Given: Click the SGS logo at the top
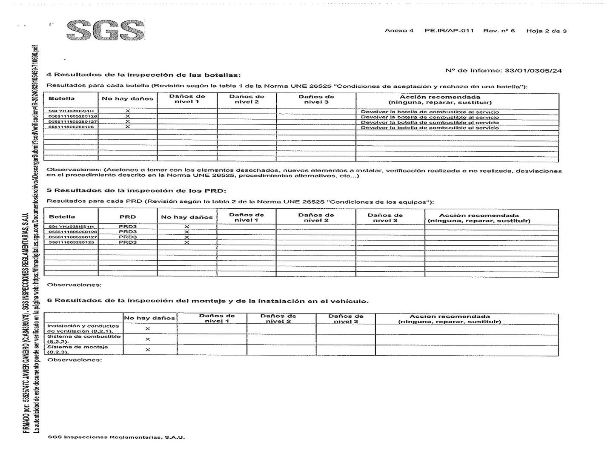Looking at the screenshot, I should [106, 30].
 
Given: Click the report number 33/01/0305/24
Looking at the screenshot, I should [533, 71].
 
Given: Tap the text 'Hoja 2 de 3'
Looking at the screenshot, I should [546, 31].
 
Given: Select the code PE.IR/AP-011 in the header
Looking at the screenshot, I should [449, 31].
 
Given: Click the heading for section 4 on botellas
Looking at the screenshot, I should [143, 75].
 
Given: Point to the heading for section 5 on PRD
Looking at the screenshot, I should [136, 190].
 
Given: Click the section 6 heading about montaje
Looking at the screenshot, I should [208, 301].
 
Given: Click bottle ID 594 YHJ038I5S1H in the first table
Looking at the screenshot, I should [71, 111].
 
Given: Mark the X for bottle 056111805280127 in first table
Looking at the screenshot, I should [128, 122].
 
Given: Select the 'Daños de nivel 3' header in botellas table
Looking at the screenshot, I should [316, 99].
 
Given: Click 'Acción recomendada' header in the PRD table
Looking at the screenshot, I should [479, 218].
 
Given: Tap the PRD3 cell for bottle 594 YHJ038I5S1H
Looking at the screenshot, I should [128, 227].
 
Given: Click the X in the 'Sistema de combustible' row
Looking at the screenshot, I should [148, 339].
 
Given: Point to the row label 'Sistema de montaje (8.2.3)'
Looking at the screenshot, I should [77, 349].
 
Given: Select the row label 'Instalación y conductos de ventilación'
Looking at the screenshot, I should [83, 328].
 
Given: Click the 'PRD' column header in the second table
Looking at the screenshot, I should [128, 217].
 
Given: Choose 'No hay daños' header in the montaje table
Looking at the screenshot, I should [149, 318].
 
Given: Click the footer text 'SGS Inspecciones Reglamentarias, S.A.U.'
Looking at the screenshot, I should [116, 437].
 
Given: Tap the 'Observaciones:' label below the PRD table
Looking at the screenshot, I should [74, 285].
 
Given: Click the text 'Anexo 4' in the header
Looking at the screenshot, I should [399, 31].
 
